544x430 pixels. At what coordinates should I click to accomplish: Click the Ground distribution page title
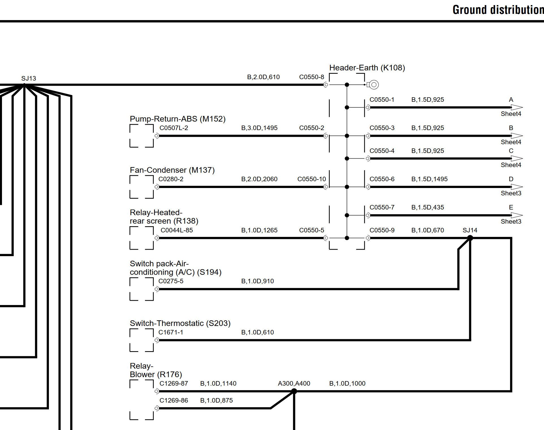pyautogui.click(x=498, y=10)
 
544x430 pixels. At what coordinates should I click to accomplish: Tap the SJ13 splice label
pyautogui.click(x=29, y=78)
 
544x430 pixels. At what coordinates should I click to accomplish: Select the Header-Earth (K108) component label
pyautogui.click(x=367, y=68)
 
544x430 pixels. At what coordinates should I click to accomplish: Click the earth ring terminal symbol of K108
pyautogui.click(x=374, y=85)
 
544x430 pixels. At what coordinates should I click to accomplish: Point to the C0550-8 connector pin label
pyautogui.click(x=312, y=77)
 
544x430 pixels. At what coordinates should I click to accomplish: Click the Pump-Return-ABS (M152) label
pyautogui.click(x=178, y=119)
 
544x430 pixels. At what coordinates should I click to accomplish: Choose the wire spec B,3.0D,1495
pyautogui.click(x=259, y=128)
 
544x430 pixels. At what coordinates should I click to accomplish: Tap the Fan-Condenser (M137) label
pyautogui.click(x=172, y=170)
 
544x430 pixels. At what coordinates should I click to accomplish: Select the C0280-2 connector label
pyautogui.click(x=171, y=179)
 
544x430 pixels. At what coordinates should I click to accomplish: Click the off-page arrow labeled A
pyautogui.click(x=517, y=107)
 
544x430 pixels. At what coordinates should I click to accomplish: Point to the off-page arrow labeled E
pyautogui.click(x=517, y=215)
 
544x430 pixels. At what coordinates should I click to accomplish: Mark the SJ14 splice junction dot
pyautogui.click(x=470, y=238)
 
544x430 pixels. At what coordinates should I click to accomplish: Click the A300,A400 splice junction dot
pyautogui.click(x=294, y=391)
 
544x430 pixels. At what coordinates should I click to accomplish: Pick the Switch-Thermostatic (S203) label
pyautogui.click(x=180, y=323)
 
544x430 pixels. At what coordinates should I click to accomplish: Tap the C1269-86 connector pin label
pyautogui.click(x=174, y=400)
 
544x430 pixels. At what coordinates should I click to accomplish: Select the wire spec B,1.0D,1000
pyautogui.click(x=347, y=383)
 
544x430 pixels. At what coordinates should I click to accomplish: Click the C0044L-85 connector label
pyautogui.click(x=177, y=230)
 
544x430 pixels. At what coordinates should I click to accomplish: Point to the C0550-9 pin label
pyautogui.click(x=382, y=230)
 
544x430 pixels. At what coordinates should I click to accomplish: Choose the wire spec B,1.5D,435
pyautogui.click(x=428, y=207)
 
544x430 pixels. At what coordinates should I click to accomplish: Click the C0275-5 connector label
pyautogui.click(x=171, y=281)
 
